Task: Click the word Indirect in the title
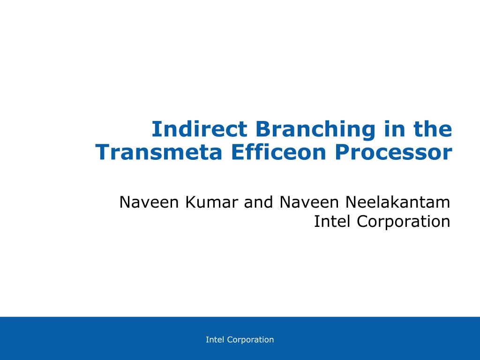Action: click(x=199, y=129)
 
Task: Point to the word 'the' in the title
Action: click(x=433, y=129)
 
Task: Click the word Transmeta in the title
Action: click(x=158, y=152)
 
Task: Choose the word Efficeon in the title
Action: click(x=278, y=152)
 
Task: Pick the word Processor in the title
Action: click(x=393, y=152)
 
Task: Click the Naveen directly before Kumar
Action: click(x=149, y=202)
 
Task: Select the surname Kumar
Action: click(x=211, y=202)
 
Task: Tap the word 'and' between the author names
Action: click(x=258, y=202)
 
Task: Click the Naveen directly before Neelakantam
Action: click(x=309, y=202)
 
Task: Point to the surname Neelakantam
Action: click(x=397, y=202)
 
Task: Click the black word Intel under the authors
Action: click(x=332, y=221)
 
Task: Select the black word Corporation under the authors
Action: click(x=404, y=222)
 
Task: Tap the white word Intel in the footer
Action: click(x=215, y=339)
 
